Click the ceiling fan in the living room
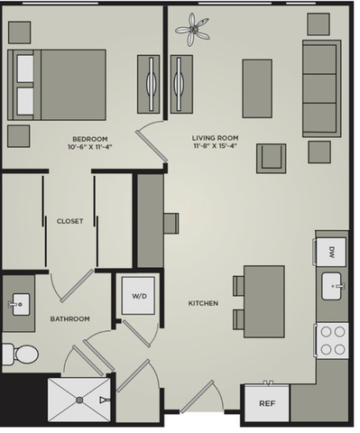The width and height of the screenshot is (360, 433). pyautogui.click(x=192, y=30)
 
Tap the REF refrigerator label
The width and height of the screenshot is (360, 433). pyautogui.click(x=267, y=403)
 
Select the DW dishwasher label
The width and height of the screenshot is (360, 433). pyautogui.click(x=332, y=251)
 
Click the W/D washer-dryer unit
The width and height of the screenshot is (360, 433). pyautogui.click(x=138, y=296)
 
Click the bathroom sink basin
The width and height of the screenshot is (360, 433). pyautogui.click(x=21, y=304)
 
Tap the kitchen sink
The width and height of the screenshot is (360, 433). pyautogui.click(x=331, y=286)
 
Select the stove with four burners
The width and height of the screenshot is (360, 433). pyautogui.click(x=333, y=340)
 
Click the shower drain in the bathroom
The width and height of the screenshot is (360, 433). pyautogui.click(x=79, y=400)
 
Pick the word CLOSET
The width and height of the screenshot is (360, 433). pyautogui.click(x=69, y=221)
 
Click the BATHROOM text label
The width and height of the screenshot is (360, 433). pyautogui.click(x=69, y=318)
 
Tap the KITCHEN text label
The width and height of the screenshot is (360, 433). pyautogui.click(x=203, y=303)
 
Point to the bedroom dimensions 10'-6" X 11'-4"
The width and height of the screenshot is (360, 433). pyautogui.click(x=90, y=147)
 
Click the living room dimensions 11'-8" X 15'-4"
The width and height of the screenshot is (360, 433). pyautogui.click(x=215, y=146)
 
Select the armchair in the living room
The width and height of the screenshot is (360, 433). pyautogui.click(x=272, y=158)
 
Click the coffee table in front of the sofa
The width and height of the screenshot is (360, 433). pyautogui.click(x=257, y=88)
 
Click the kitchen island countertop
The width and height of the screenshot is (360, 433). pyautogui.click(x=264, y=301)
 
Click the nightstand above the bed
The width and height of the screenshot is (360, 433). pyautogui.click(x=19, y=32)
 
